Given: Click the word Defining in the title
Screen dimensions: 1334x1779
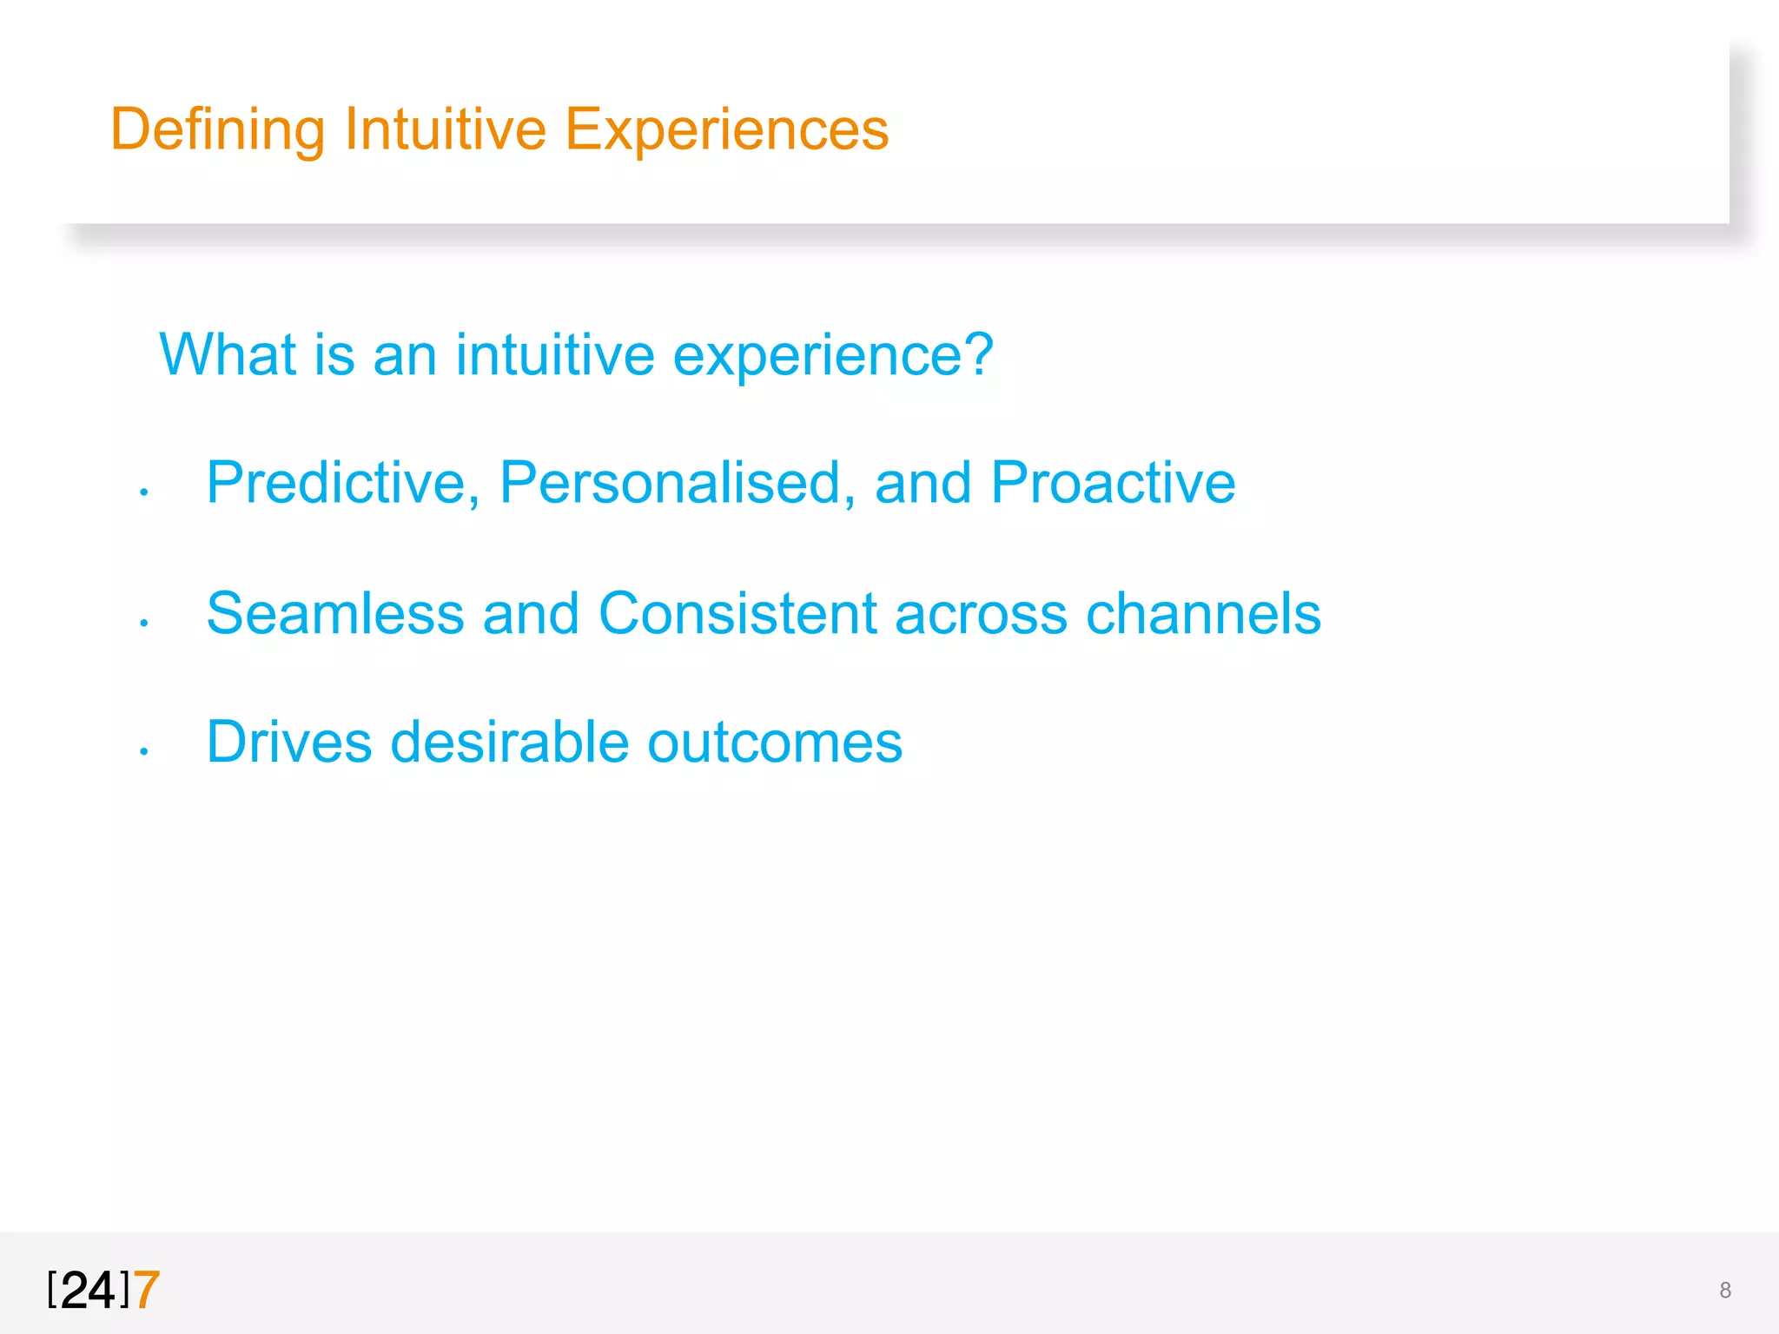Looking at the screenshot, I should [x=217, y=130].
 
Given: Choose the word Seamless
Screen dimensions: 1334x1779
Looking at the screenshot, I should [x=335, y=613].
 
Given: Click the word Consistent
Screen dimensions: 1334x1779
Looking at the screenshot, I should [x=738, y=613].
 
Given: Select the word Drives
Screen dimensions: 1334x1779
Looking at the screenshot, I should [x=289, y=743].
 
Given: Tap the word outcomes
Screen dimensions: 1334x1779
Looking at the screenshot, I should [x=775, y=744].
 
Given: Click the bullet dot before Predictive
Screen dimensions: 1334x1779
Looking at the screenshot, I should [x=144, y=493].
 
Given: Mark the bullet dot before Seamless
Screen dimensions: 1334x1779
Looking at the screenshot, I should [x=144, y=623].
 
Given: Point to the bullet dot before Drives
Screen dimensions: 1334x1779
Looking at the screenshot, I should [x=144, y=752].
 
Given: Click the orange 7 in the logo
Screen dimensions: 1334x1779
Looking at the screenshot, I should [x=147, y=1290].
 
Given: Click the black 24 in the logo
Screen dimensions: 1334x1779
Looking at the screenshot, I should [x=89, y=1290].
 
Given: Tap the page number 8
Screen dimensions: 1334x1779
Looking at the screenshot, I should [x=1725, y=1291].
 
